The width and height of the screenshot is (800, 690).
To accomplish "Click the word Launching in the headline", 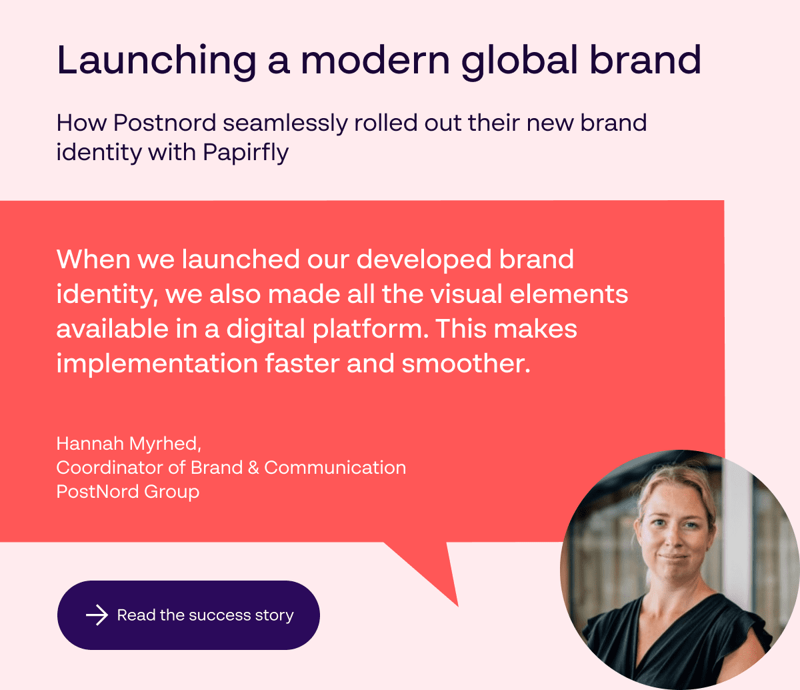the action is pos(157,61).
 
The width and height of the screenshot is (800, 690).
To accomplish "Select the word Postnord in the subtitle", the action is pos(165,123).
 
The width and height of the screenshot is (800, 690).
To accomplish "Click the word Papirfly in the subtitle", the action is pos(246,153).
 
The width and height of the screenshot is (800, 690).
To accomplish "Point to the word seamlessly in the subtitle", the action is pos(285,124).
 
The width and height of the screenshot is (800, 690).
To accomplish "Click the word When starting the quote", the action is pos(93,259).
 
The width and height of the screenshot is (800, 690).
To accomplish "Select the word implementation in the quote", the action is pos(157,364).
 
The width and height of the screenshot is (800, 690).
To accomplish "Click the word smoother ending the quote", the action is pos(465,364).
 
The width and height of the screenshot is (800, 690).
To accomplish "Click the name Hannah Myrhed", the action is pos(129,444).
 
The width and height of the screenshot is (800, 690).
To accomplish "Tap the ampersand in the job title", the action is pos(253,468).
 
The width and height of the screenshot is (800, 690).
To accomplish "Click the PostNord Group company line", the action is pos(128,492).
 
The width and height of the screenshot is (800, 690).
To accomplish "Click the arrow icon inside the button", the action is pos(97,615).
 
